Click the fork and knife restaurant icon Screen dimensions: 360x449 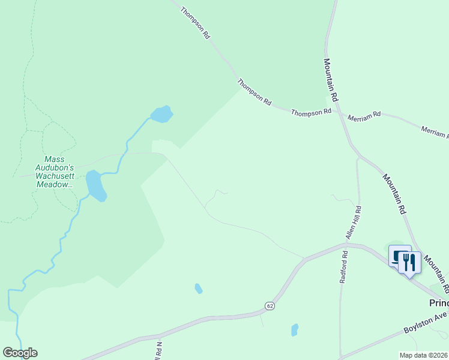[x=409, y=262]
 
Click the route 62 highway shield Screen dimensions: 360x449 [x=270, y=305]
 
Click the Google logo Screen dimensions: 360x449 [x=20, y=353]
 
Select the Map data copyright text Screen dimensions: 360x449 [x=423, y=355]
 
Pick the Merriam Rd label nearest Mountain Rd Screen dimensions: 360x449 [x=368, y=114]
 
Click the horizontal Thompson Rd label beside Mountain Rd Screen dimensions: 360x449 [x=312, y=112]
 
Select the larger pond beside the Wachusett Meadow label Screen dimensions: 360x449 [x=95, y=185]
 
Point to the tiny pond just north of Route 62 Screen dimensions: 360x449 [x=198, y=289]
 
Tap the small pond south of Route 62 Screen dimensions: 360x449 [x=295, y=329]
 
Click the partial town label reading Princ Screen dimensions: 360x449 [x=439, y=303]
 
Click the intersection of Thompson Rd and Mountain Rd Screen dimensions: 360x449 [x=337, y=110]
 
